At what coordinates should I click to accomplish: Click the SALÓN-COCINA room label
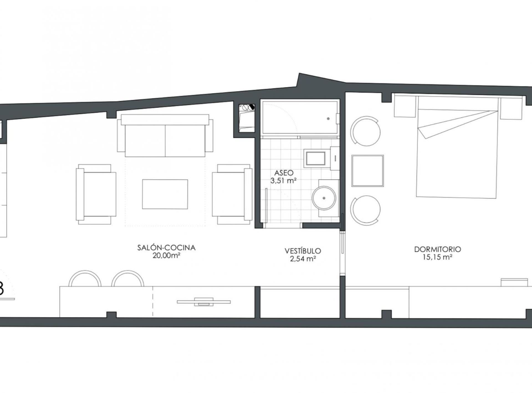point(166,248)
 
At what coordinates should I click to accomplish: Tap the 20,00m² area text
point(166,255)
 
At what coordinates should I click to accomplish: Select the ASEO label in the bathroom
point(284,173)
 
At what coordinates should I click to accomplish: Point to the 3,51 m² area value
point(284,181)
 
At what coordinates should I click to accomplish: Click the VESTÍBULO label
point(303,251)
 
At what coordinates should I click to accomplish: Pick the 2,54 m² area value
point(303,259)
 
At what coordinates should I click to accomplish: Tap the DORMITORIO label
point(438,249)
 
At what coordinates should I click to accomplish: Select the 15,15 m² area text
point(438,257)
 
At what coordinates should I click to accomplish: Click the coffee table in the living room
point(165,194)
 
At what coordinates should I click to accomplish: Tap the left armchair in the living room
point(96,194)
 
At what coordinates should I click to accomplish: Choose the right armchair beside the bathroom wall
point(232,194)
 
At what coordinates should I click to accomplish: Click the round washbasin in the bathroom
point(324,198)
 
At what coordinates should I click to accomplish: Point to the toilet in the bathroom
point(315,159)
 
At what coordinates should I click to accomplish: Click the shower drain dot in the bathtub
point(328,119)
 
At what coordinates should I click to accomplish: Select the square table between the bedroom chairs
point(368,171)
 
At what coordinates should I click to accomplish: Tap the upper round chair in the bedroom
point(365,131)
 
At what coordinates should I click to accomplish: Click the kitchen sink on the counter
point(204,302)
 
